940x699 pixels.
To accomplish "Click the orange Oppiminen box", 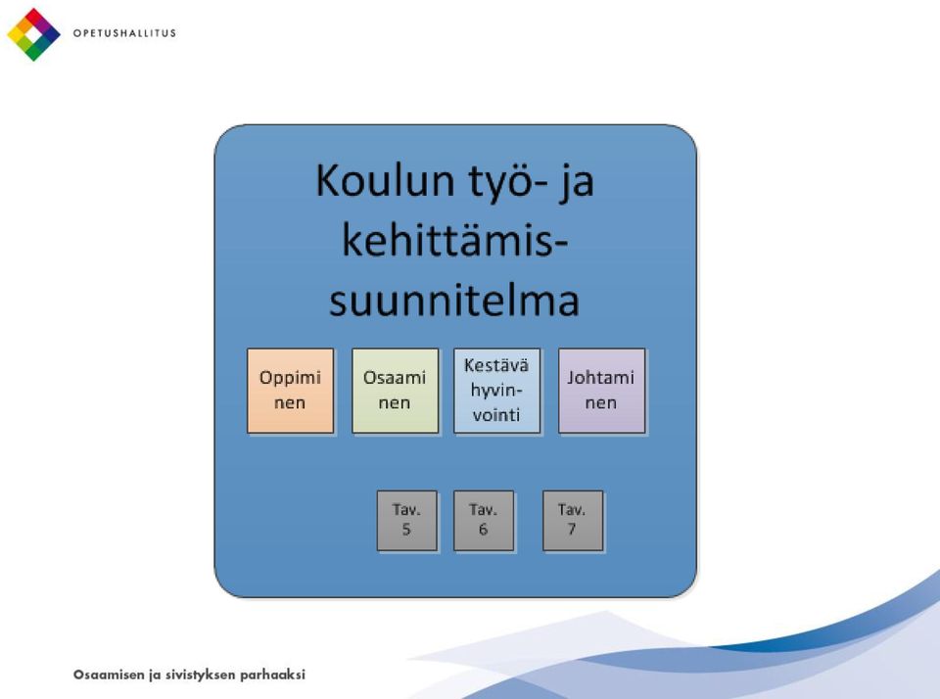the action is tap(290, 391).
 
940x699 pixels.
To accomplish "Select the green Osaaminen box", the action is tap(395, 391).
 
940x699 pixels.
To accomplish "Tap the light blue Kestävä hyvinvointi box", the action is tap(497, 391).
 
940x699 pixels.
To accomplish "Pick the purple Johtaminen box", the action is tap(602, 391).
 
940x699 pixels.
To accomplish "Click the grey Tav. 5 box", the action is tap(407, 521).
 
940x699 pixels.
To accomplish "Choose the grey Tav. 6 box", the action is tap(484, 521).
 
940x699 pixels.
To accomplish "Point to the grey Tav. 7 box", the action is tap(573, 521).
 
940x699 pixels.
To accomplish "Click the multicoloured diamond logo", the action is tap(33, 34).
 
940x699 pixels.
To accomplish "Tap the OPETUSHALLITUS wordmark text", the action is tap(124, 33).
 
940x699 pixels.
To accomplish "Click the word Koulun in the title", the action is tap(385, 180).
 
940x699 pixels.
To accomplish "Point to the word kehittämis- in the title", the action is tap(455, 241).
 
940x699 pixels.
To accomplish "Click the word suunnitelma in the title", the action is tap(454, 301).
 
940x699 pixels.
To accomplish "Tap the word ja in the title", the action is tap(576, 183).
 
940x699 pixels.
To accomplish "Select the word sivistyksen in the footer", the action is tap(200, 676).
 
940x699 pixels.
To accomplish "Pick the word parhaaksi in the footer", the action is tap(273, 676).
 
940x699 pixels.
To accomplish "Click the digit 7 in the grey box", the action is tap(572, 530).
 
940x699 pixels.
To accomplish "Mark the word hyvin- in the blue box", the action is tap(496, 391).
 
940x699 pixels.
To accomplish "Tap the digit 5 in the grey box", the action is tap(406, 530).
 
